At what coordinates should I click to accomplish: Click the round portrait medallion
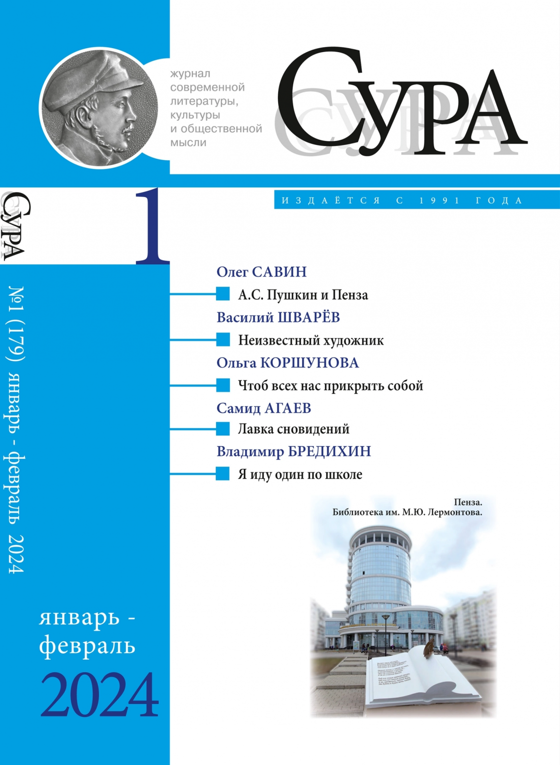pos(99,109)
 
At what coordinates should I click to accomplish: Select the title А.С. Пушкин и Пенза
pos(303,295)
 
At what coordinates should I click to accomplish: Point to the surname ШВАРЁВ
pos(309,317)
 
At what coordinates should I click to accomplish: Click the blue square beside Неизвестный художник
pos(223,340)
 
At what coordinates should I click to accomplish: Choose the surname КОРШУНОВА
pos(309,363)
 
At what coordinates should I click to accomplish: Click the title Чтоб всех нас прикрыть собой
pos(330,386)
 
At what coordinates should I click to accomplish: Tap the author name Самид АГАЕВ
pos(264,408)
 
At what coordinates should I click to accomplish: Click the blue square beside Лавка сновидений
pos(223,429)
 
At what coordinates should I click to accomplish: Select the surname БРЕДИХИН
pos(329,452)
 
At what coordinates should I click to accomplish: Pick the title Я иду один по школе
pos(300,475)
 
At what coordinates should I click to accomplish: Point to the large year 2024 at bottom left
pos(100,696)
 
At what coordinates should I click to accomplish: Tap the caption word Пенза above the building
pos(468,502)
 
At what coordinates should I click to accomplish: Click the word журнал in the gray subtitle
pos(190,74)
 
